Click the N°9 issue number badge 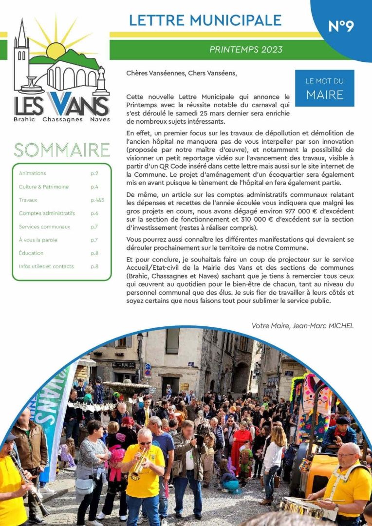(x=341, y=26)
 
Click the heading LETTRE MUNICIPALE (x=205, y=20)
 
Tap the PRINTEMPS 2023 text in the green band (x=245, y=50)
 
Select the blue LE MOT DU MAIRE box (x=324, y=88)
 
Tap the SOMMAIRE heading (x=61, y=150)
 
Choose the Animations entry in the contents (x=32, y=173)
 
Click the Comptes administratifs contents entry (x=47, y=213)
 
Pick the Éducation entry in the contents (x=31, y=253)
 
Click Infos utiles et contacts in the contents (x=46, y=266)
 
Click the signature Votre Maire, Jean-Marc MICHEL (x=302, y=325)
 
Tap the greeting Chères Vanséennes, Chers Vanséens (x=181, y=74)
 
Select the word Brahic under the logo (x=24, y=119)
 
